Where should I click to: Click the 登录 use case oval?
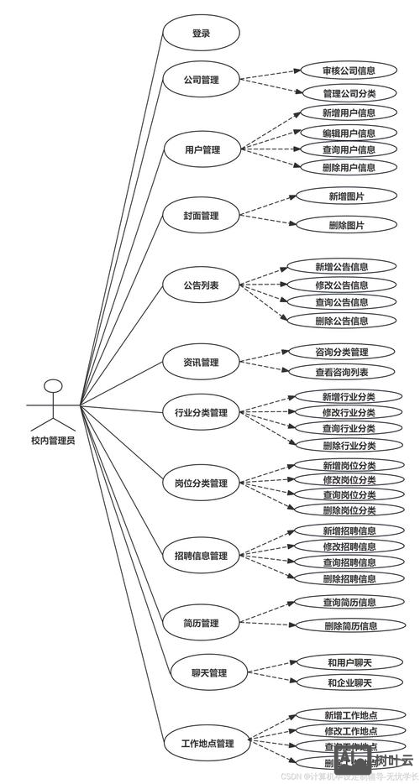[x=201, y=34]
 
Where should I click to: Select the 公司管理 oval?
[x=201, y=81]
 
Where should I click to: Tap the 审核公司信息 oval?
[x=349, y=71]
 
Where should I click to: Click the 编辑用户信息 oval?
[x=349, y=133]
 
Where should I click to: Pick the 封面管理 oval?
[x=201, y=216]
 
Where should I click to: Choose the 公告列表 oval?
[x=201, y=285]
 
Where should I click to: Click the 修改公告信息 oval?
[x=342, y=285]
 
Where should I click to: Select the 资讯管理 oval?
[x=201, y=363]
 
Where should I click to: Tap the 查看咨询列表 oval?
[x=342, y=372]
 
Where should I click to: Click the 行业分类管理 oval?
[x=201, y=412]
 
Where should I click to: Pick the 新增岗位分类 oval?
[x=349, y=465]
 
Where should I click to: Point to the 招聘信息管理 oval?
[x=201, y=556]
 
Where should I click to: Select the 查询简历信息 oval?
[x=349, y=602]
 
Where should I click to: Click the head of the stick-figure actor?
[x=53, y=387]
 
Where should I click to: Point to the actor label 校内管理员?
[x=53, y=440]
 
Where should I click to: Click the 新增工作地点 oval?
[x=349, y=715]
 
